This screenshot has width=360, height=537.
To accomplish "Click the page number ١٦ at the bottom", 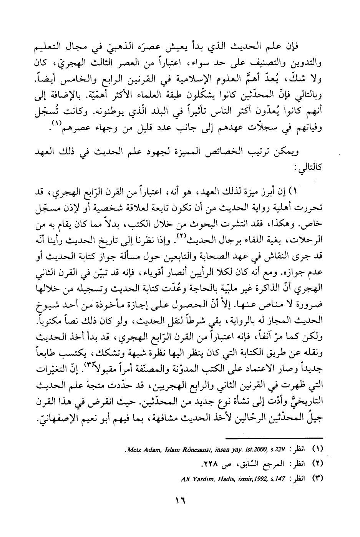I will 180,501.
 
